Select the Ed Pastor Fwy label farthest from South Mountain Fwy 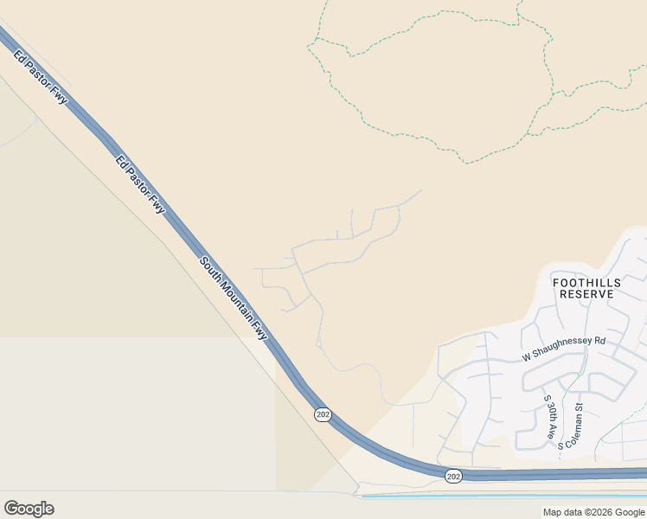point(41,76)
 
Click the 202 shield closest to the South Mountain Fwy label point(323,415)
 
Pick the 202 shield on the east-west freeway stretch point(454,477)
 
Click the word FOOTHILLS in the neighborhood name point(586,281)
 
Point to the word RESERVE point(586,294)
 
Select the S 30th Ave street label point(548,418)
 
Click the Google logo point(29,509)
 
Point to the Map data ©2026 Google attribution point(593,512)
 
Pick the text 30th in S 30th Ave point(548,416)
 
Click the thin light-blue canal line point(502,497)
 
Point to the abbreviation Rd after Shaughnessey point(599,341)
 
